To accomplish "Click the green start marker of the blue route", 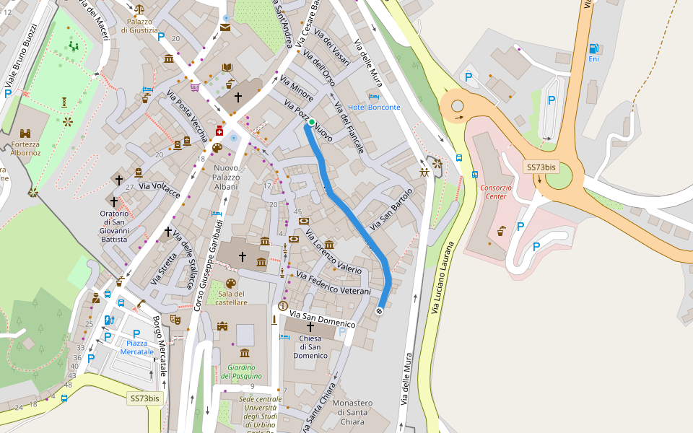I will point(312,123).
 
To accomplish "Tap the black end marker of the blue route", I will point(379,311).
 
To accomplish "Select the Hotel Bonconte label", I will point(374,107).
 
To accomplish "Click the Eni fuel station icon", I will point(593,48).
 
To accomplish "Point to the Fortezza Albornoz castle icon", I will point(25,134).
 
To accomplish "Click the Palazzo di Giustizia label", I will point(139,26).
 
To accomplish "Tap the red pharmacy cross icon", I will point(219,131).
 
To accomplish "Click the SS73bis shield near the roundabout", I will point(541,167).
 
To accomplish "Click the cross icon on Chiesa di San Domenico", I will point(310,327).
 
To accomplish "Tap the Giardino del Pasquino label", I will point(240,371).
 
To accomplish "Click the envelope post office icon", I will point(225,28).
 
